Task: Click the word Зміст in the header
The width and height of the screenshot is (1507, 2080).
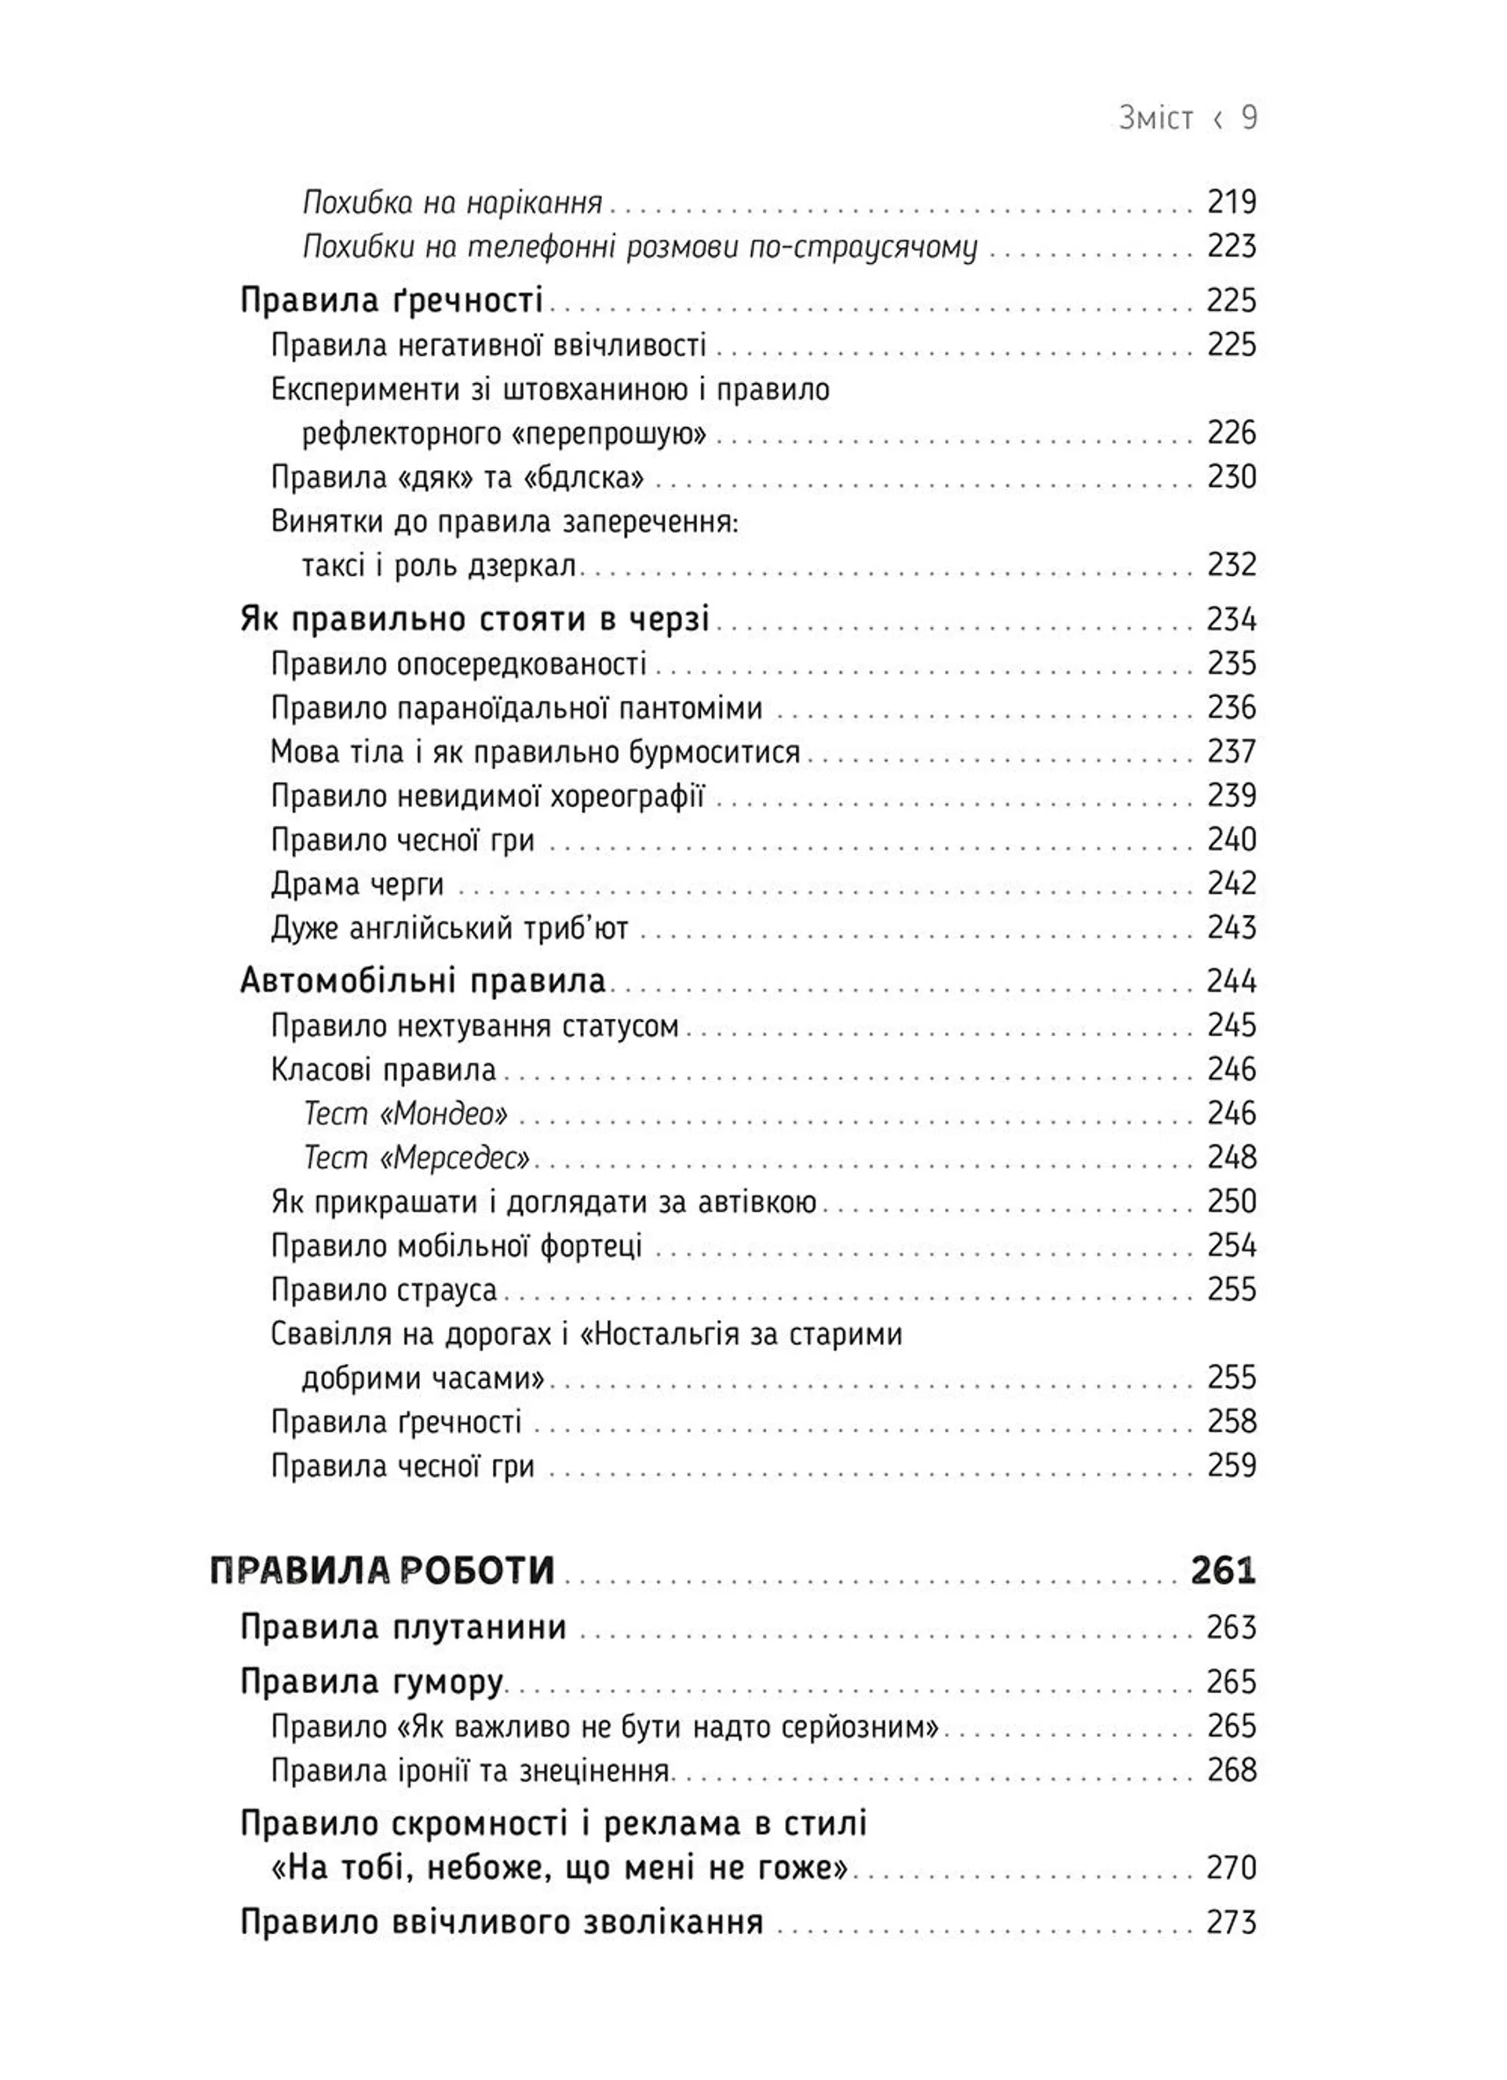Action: (x=1155, y=119)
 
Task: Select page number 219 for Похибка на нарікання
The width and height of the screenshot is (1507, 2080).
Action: (x=1231, y=202)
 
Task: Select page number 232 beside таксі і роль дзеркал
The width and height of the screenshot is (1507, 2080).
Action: (x=1231, y=565)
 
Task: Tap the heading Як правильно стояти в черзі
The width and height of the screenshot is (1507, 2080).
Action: (x=474, y=620)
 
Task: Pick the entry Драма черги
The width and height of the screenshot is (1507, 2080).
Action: (x=357, y=884)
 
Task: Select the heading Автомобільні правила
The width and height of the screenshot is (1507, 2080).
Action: (x=423, y=981)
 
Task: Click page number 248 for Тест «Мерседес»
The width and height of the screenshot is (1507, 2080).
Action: (x=1231, y=1158)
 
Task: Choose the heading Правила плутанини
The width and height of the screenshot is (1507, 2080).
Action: (x=403, y=1628)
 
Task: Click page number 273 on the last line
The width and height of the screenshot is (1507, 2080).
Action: (x=1231, y=1922)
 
